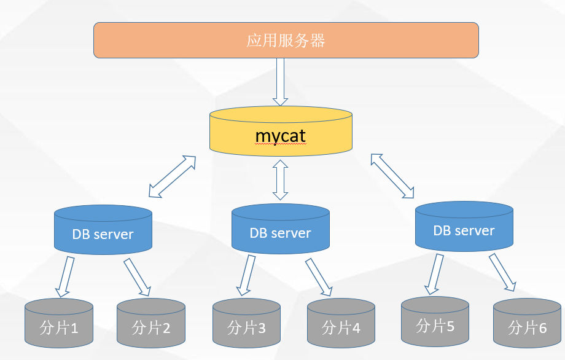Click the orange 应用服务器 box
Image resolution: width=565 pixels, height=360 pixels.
(x=286, y=41)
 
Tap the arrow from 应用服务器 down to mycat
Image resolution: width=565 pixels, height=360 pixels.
(x=281, y=82)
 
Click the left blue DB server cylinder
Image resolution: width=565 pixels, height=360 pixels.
(x=103, y=230)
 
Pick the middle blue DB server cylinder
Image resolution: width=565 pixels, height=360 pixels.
(x=280, y=229)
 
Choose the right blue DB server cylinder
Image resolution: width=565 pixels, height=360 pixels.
(x=464, y=227)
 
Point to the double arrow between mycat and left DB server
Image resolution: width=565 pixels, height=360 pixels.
(x=173, y=177)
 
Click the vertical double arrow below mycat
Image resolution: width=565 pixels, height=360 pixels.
(x=281, y=179)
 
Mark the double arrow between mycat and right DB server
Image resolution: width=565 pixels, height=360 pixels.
(x=392, y=176)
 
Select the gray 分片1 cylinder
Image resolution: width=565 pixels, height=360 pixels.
(x=58, y=323)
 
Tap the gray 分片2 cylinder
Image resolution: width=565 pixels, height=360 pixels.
(x=151, y=323)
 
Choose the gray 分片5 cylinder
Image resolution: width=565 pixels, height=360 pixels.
(x=435, y=321)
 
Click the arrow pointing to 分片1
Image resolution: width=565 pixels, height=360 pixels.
(x=64, y=277)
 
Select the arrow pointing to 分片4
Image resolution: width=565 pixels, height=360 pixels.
(x=319, y=276)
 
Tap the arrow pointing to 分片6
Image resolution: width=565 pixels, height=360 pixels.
(x=502, y=272)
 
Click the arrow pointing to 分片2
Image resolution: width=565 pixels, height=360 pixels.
(x=138, y=277)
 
